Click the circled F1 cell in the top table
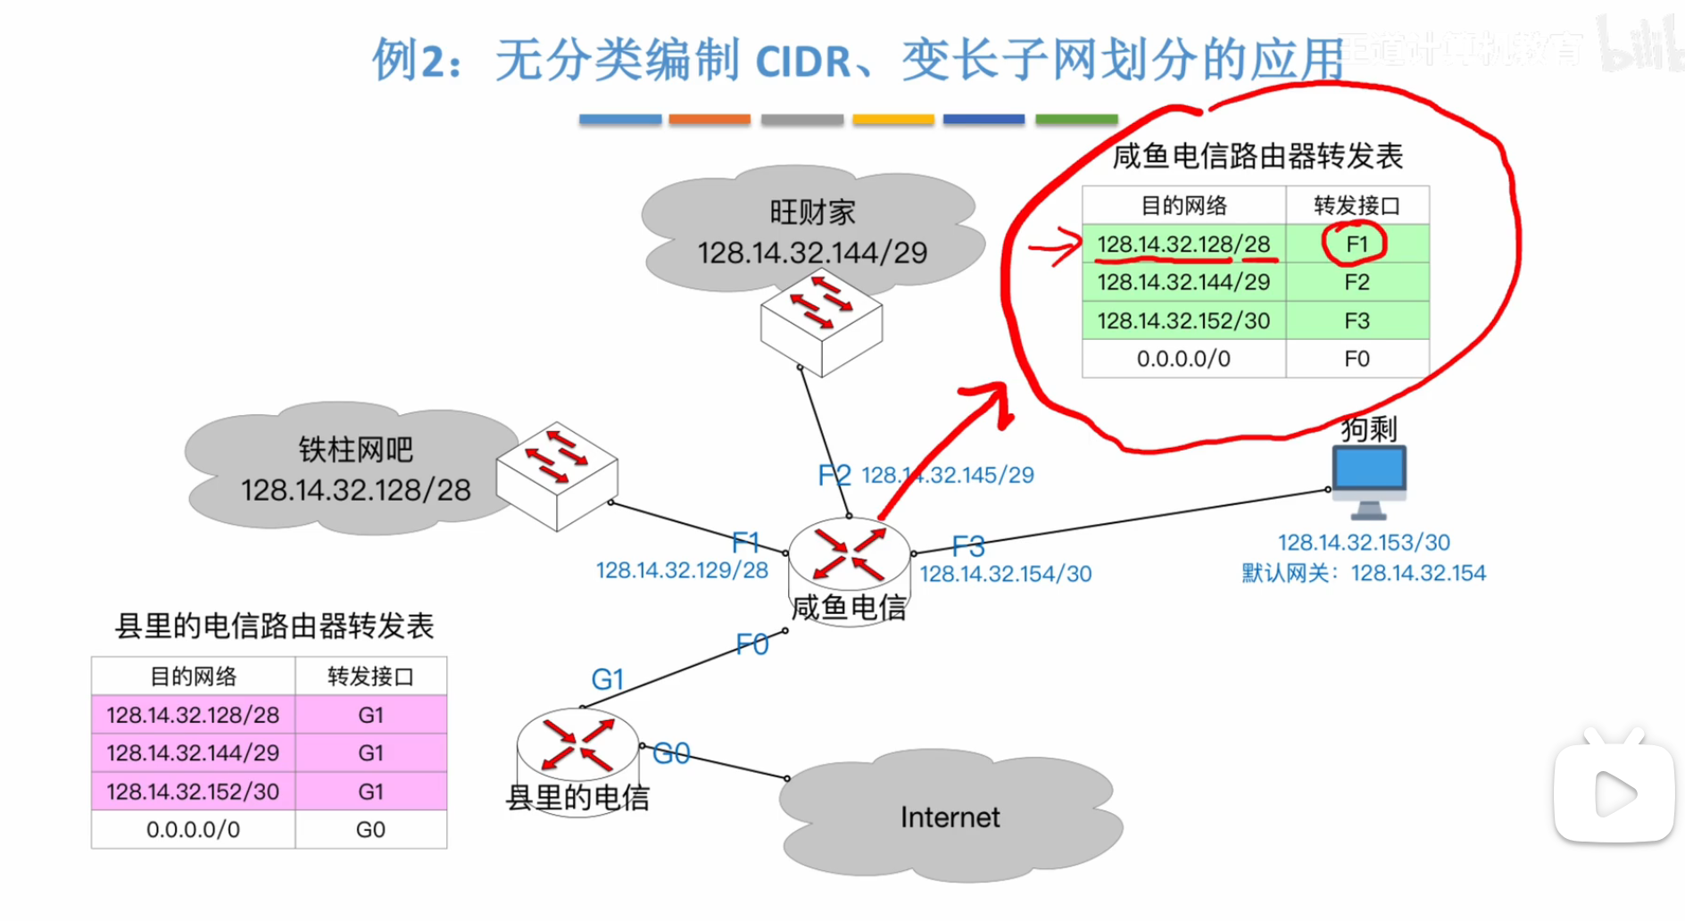click(x=1356, y=245)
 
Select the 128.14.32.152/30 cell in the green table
click(x=1183, y=320)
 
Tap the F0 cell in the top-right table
click(x=1357, y=359)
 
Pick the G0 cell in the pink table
click(x=370, y=830)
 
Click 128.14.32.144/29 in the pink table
click(x=193, y=753)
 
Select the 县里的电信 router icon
click(x=578, y=744)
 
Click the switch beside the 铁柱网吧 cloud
click(x=557, y=475)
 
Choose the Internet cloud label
click(x=950, y=817)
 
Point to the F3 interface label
click(x=968, y=545)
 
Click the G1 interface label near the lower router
click(x=607, y=680)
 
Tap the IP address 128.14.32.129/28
click(x=682, y=570)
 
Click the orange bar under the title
click(x=710, y=119)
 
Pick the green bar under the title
click(x=1076, y=119)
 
